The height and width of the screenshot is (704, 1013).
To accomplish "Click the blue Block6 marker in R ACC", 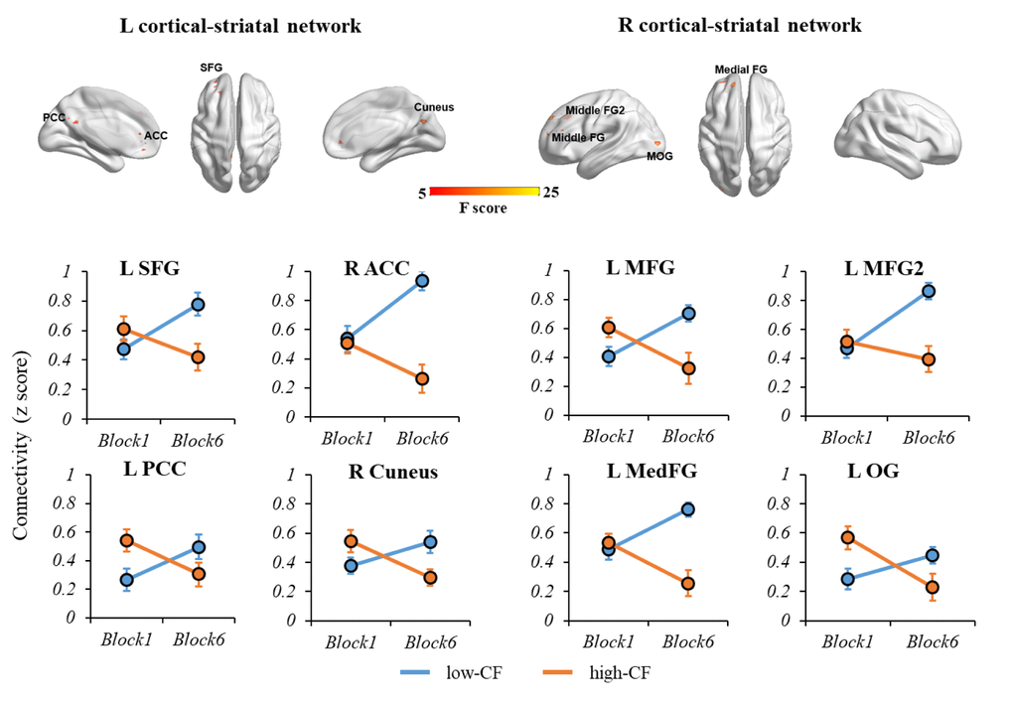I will pyautogui.click(x=422, y=281).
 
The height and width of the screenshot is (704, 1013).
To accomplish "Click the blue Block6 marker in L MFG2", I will pyautogui.click(x=928, y=291).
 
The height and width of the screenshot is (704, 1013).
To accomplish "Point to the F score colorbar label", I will pyautogui.click(x=481, y=210).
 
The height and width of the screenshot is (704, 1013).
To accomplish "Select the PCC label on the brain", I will pyautogui.click(x=55, y=117).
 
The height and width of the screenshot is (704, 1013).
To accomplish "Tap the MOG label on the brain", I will pyautogui.click(x=659, y=156).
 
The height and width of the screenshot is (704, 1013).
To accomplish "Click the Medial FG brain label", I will pyautogui.click(x=740, y=69).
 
